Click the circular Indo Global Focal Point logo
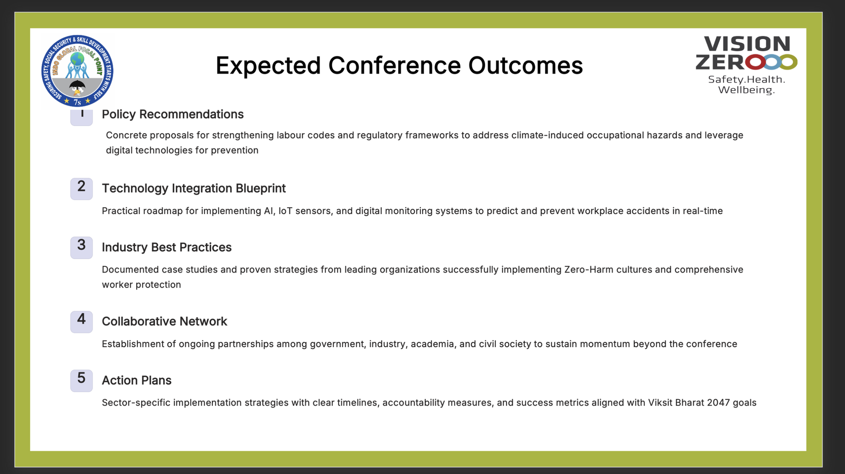click(77, 71)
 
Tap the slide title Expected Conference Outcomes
click(399, 66)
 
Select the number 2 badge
click(81, 189)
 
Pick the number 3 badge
click(81, 247)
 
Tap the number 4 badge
click(81, 322)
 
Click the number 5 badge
click(81, 381)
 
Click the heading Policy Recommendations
click(173, 114)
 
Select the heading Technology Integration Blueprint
click(194, 188)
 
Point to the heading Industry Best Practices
click(167, 247)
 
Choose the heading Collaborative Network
click(164, 321)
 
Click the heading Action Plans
click(137, 380)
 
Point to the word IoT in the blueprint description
click(285, 211)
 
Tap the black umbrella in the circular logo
click(77, 87)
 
